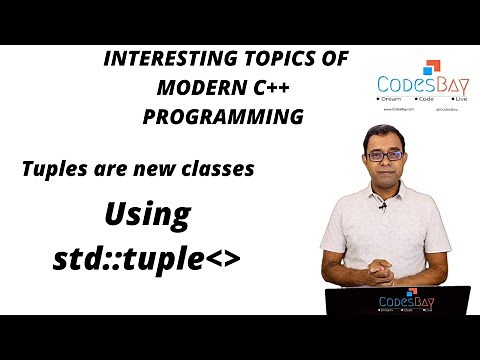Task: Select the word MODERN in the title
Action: click(x=196, y=89)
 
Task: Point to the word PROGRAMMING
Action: click(x=222, y=116)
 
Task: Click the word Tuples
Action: click(x=55, y=169)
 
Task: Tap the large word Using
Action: click(x=148, y=214)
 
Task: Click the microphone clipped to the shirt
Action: click(x=381, y=208)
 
